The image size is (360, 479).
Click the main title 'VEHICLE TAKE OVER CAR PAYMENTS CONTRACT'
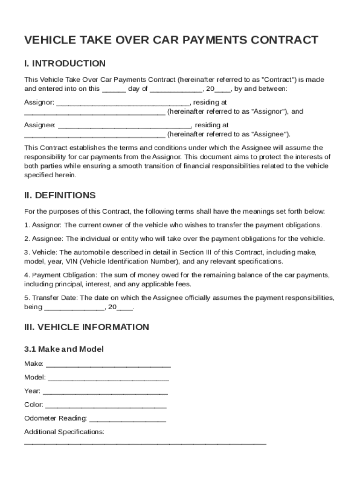171,40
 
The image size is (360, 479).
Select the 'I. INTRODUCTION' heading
65,64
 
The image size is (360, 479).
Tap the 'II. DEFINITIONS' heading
60,195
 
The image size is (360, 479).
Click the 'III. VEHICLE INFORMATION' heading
86,327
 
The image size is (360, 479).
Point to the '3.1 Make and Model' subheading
64,349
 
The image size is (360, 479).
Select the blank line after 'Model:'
108,378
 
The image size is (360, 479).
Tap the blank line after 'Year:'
105,392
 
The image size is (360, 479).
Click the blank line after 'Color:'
106,406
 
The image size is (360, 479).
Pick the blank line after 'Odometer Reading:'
127,419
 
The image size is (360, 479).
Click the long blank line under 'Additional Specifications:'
145,442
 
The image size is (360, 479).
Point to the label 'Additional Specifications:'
64,432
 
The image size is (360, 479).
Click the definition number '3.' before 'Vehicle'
27,252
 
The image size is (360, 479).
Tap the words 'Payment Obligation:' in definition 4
65,275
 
